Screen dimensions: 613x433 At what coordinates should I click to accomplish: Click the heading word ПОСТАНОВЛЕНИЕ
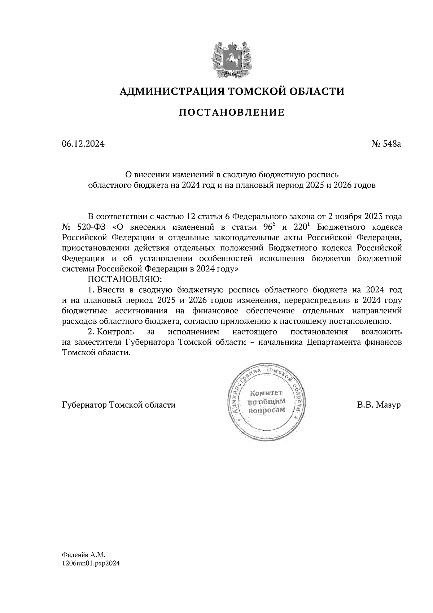point(231,113)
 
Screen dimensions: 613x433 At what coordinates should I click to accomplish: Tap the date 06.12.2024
point(83,144)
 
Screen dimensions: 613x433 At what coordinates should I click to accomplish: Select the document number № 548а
point(386,144)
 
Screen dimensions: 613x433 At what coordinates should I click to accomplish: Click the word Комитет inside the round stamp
point(266,393)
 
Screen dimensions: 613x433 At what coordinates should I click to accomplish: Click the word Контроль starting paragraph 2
point(116,331)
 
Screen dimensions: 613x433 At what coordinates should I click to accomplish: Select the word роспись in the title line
point(322,175)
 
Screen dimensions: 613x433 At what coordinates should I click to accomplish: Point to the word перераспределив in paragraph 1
point(319,300)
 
